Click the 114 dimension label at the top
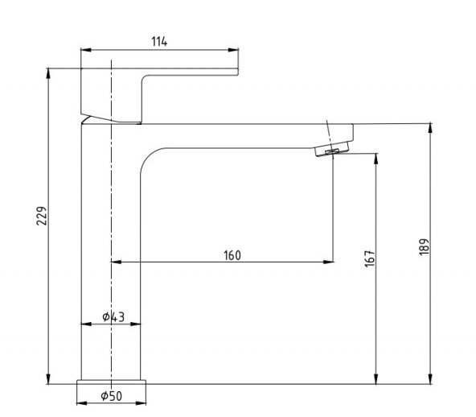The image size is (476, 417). click(159, 42)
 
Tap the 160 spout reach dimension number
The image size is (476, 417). click(232, 256)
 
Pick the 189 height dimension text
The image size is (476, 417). click(425, 246)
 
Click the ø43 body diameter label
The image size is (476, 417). click(113, 317)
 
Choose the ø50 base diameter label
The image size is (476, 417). click(111, 395)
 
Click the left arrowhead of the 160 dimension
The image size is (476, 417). click(114, 262)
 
